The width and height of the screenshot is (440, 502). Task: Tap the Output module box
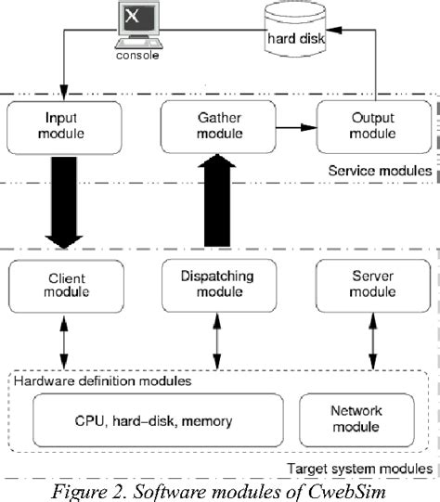pyautogui.click(x=373, y=128)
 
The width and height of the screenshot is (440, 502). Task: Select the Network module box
pyautogui.click(x=356, y=418)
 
